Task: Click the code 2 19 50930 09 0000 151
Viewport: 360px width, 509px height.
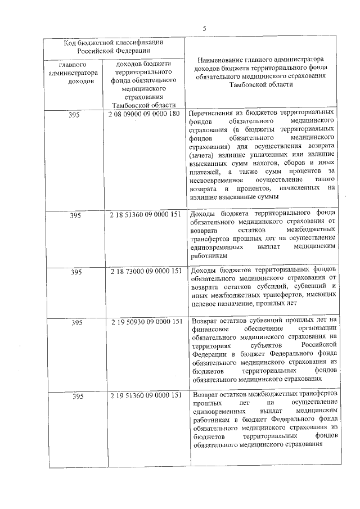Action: [146, 322]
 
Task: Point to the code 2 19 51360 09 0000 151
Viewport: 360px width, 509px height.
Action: [146, 396]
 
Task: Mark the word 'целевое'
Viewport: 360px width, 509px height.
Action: [205, 303]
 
